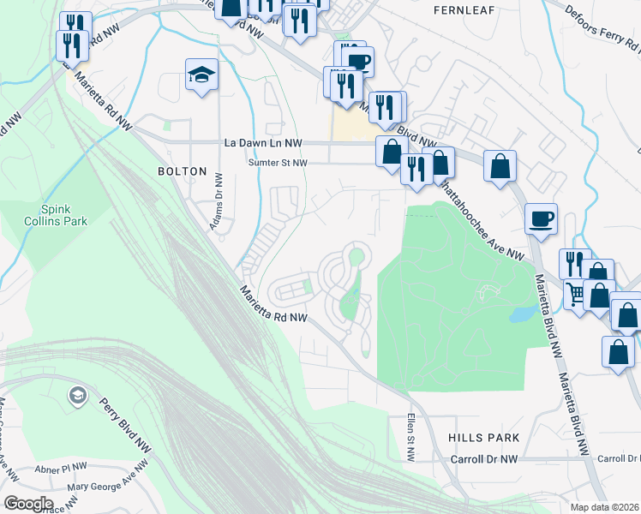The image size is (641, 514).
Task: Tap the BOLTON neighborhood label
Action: click(182, 171)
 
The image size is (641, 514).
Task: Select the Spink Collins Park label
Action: click(63, 215)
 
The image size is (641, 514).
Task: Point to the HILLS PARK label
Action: click(483, 438)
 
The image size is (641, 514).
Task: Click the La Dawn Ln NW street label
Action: click(263, 143)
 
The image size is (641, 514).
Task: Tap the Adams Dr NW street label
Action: click(218, 202)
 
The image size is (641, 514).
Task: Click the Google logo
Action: click(27, 504)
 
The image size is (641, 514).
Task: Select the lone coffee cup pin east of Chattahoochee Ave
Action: click(540, 219)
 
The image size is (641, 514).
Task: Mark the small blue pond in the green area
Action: click(521, 314)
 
